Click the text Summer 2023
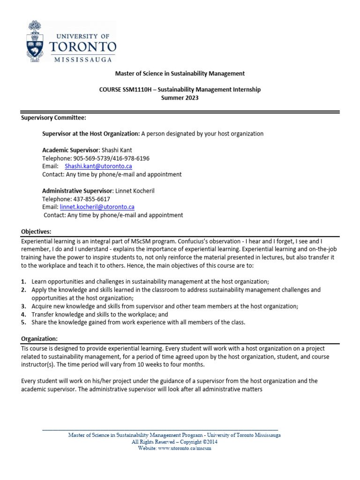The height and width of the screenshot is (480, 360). point(180,98)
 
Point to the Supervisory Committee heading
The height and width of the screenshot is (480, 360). point(53,117)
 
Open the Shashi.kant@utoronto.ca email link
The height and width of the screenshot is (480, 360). point(98,166)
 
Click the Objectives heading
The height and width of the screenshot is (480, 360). point(36,232)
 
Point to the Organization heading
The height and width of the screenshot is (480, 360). point(39,339)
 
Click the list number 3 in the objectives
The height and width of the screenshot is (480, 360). point(23,306)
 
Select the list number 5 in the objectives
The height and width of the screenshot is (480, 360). point(23,322)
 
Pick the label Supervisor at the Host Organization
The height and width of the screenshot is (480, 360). point(91,134)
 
